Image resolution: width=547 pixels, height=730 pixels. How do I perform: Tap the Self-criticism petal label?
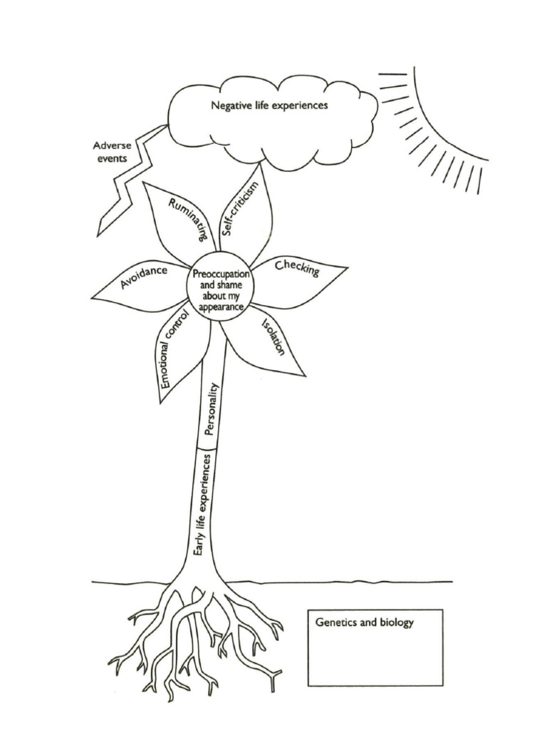click(239, 207)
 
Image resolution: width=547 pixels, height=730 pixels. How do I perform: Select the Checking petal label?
click(297, 268)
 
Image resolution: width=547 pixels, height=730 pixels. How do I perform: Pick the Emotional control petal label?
click(174, 350)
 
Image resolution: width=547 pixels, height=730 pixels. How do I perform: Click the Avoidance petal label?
click(144, 277)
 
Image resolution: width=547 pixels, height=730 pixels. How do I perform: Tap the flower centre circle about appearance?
click(219, 287)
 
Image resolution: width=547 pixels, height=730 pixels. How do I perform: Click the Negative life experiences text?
click(269, 106)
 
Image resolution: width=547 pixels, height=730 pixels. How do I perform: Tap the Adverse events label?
click(112, 152)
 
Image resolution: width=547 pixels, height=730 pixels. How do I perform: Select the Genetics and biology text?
click(364, 622)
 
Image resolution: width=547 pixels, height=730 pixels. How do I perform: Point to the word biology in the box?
click(396, 623)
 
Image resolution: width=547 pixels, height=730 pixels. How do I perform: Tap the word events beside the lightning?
click(112, 158)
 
